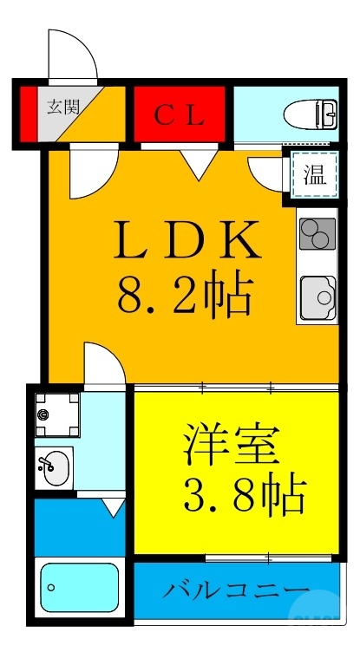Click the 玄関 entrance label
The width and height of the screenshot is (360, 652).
[x=62, y=108]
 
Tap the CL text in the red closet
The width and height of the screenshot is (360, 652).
[x=180, y=114]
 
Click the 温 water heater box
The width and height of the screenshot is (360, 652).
[x=314, y=176]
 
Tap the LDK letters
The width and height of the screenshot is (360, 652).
[x=188, y=240]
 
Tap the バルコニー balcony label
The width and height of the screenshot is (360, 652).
[x=237, y=591]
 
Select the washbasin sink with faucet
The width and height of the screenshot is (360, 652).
[x=53, y=468]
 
